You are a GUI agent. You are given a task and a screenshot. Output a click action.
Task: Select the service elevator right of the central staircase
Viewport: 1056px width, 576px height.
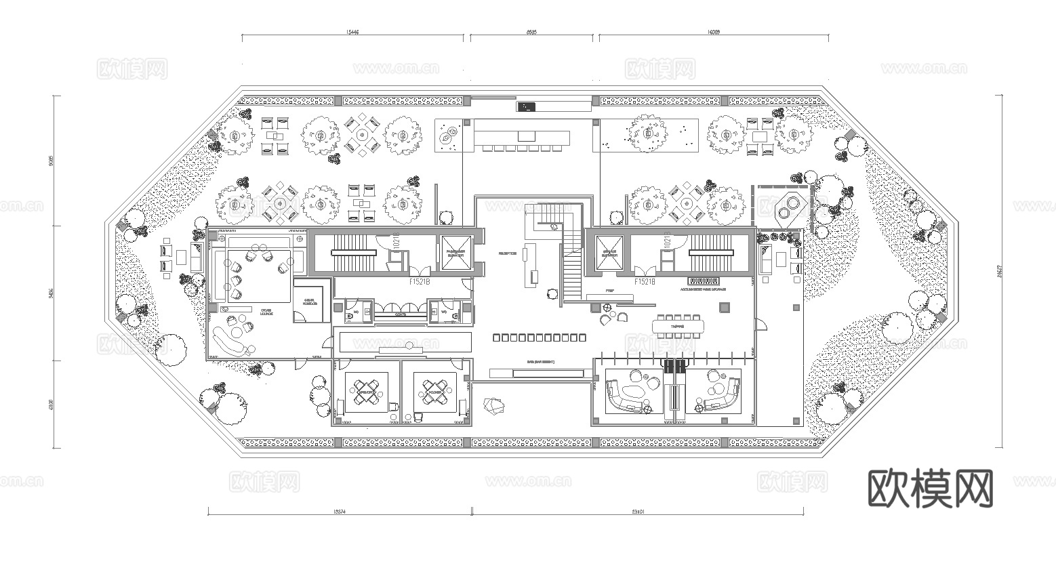point(609,253)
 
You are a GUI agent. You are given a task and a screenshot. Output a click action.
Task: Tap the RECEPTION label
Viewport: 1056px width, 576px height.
point(508,253)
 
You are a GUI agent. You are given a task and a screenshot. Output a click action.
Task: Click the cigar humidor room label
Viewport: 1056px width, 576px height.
point(309,302)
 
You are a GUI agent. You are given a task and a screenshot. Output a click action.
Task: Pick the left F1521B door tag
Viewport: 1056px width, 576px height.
point(420,281)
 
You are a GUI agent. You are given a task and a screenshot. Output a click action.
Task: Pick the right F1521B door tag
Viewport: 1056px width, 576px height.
point(645,281)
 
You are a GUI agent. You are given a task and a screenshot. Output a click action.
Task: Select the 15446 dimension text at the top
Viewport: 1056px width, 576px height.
point(352,31)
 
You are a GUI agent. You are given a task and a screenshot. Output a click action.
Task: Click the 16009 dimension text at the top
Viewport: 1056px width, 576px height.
point(712,31)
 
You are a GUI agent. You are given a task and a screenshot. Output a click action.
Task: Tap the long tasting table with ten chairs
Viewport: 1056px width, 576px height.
point(678,327)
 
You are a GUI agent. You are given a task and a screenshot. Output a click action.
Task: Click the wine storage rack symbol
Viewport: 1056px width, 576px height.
point(703,281)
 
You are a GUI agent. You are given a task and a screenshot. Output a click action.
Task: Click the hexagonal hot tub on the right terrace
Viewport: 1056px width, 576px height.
point(789,207)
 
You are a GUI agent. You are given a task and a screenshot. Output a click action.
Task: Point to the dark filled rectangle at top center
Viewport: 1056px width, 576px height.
point(526,106)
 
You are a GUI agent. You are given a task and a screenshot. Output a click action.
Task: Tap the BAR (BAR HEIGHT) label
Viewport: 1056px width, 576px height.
point(540,362)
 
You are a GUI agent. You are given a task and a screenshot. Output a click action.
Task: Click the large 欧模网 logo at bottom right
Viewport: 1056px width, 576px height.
point(930,488)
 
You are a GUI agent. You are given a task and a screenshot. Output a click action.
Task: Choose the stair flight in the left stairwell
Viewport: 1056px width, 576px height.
point(353,252)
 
